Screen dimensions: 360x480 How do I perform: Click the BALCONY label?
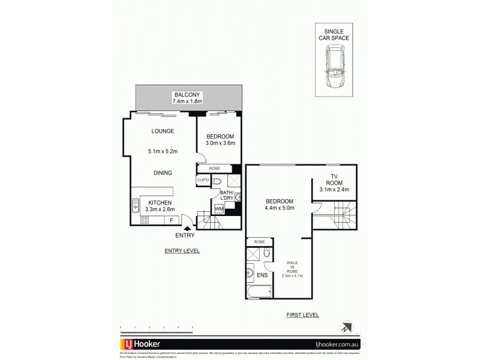[x=187, y=95]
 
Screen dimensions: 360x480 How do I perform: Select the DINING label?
[x=163, y=173]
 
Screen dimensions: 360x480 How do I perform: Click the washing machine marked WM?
[x=218, y=208]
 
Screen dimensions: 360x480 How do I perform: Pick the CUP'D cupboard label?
[x=202, y=180]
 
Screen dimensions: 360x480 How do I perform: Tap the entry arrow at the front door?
[x=188, y=227]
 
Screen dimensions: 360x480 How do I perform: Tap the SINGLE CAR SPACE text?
[x=334, y=35]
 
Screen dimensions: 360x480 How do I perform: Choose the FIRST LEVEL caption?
[x=303, y=314]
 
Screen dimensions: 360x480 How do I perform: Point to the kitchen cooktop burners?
[x=145, y=221]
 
